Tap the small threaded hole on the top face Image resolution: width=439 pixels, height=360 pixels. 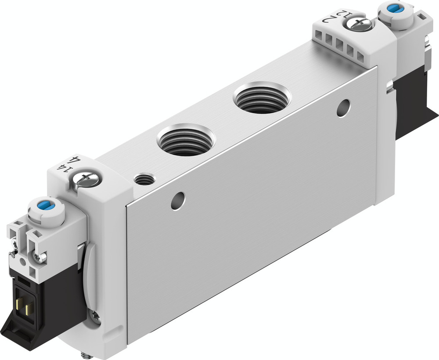pyautogui.click(x=144, y=179)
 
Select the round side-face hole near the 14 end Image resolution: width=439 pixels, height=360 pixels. pyautogui.click(x=178, y=200)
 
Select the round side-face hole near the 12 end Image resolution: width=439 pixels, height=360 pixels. pyautogui.click(x=344, y=108)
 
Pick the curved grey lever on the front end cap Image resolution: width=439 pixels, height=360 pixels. pyautogui.click(x=91, y=281)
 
